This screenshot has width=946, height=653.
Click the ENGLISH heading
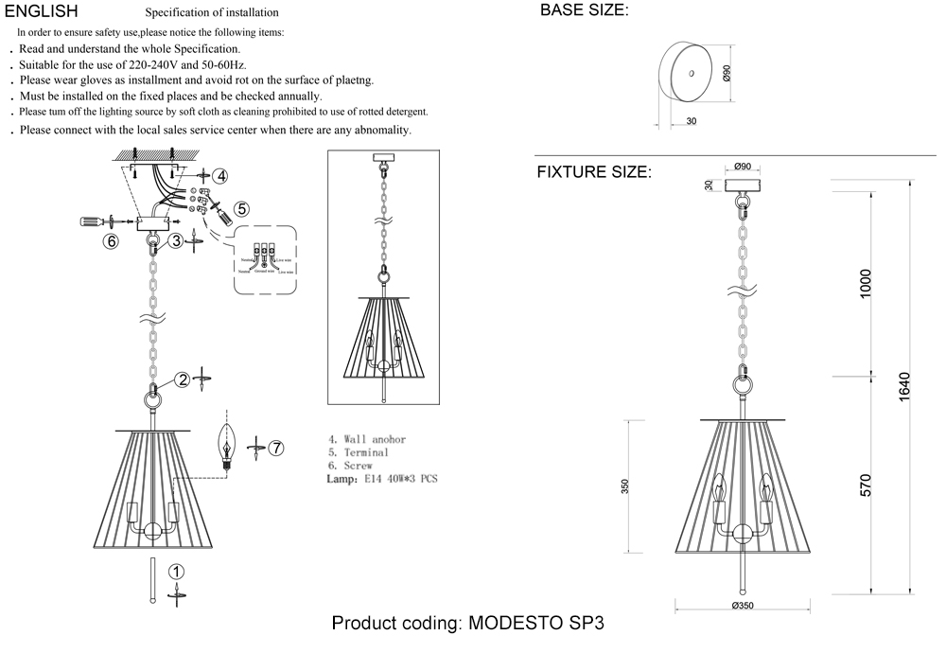(x=42, y=11)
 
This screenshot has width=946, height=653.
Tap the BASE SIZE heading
(x=584, y=11)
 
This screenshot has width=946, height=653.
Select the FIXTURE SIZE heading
(x=594, y=172)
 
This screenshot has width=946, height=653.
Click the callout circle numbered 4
(x=219, y=176)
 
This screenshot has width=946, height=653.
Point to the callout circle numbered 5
(x=241, y=208)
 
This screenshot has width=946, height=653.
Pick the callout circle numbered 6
(x=112, y=241)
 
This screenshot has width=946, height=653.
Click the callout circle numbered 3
(x=177, y=241)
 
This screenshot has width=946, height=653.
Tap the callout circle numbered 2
(x=181, y=380)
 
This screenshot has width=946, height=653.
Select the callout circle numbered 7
(x=275, y=449)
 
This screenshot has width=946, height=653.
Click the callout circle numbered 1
(x=176, y=572)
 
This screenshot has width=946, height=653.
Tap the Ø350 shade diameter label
(x=742, y=607)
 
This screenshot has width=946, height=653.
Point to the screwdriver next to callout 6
(x=93, y=222)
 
